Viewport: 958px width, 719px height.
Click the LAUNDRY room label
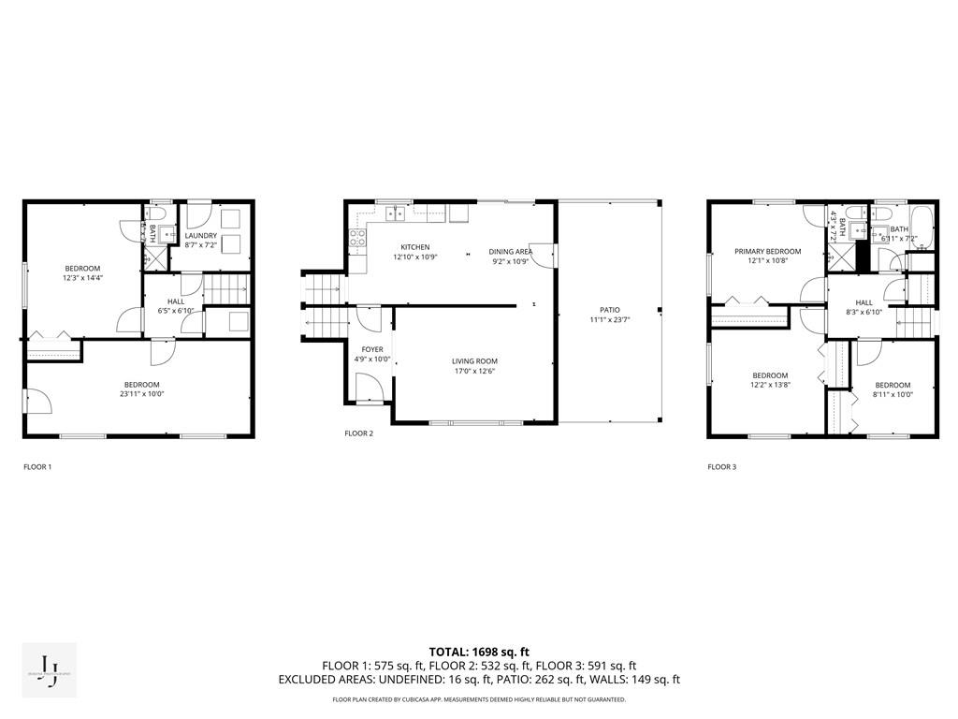[200, 236]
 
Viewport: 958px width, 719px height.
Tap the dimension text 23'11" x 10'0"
[142, 394]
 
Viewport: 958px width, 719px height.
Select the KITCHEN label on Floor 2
[415, 247]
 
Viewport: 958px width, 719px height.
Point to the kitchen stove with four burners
[357, 238]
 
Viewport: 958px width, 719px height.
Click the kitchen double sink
[397, 213]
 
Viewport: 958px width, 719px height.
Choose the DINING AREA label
[510, 251]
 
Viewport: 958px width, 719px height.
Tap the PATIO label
[609, 310]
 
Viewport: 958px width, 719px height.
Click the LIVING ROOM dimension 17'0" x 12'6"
[474, 371]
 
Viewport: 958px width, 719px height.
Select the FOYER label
[372, 349]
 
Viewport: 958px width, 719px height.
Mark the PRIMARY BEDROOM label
[767, 251]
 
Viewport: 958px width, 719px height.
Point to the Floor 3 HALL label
[864, 302]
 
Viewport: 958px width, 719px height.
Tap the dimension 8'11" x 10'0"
[893, 394]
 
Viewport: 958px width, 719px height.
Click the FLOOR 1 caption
[37, 466]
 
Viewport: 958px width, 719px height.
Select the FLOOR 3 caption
[721, 466]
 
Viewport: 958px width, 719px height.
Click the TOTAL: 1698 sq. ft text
[479, 652]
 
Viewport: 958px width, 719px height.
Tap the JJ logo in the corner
[50, 669]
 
